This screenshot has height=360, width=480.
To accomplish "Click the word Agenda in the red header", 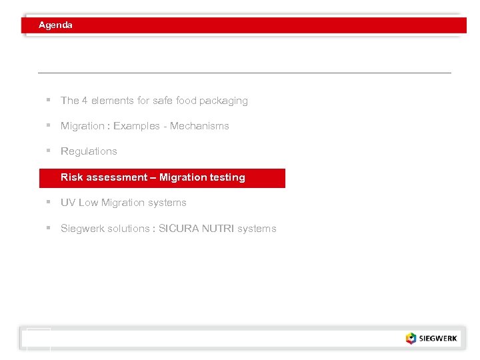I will click(x=55, y=25).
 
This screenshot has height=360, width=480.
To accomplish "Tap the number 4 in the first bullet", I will click(x=85, y=101).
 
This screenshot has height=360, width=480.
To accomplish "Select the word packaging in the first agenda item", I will click(x=223, y=101).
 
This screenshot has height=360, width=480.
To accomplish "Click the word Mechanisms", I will click(x=199, y=126).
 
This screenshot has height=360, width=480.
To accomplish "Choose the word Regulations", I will click(x=89, y=151).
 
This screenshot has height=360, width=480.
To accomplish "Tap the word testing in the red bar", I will click(x=227, y=177).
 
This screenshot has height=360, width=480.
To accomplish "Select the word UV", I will click(x=68, y=203).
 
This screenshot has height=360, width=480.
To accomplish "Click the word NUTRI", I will click(x=216, y=229).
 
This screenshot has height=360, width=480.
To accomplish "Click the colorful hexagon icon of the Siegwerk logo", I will click(x=411, y=338).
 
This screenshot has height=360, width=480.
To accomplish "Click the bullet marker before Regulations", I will click(x=49, y=151).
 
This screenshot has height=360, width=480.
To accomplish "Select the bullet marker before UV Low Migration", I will click(x=49, y=202).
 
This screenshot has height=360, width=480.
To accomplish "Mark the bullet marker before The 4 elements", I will click(x=49, y=100).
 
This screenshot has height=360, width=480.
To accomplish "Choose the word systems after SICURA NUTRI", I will click(x=257, y=229).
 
